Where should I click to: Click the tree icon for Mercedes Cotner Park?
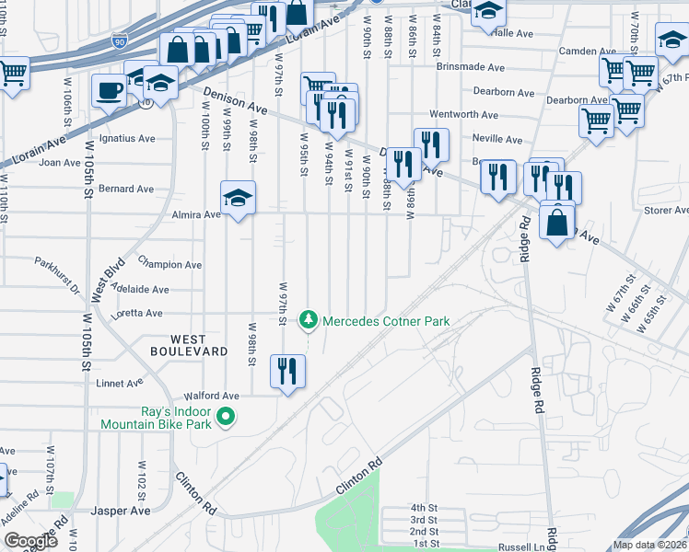pos(308,320)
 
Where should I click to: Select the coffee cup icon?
pos(109,92)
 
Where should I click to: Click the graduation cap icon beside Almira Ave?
pos(238,198)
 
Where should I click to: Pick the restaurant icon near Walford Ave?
pos(287,372)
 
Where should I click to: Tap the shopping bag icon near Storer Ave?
pos(557,223)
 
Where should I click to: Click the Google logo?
pos(30,541)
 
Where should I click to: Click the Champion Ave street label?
pos(169,264)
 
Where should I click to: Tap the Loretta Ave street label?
pos(135,313)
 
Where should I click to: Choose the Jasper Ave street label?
pos(120,511)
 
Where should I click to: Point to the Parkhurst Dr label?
pos(57,273)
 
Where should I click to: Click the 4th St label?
pos(424,508)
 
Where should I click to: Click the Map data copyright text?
pos(648,545)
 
